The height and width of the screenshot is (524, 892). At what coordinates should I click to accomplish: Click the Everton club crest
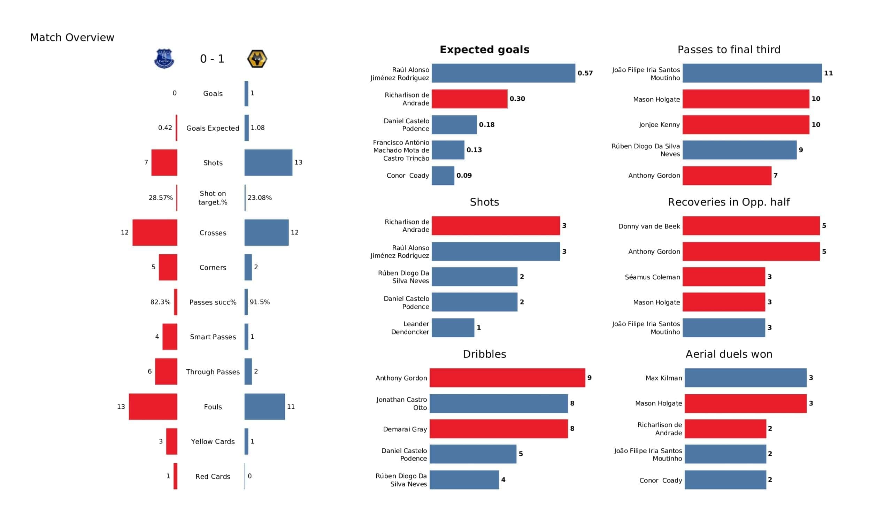click(164, 59)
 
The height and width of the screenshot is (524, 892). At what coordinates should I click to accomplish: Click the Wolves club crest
click(257, 59)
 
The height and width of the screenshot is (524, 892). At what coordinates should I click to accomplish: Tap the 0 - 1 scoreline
click(212, 59)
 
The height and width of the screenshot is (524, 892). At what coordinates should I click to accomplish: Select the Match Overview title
click(72, 38)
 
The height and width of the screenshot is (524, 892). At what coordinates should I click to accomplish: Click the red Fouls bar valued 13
click(153, 407)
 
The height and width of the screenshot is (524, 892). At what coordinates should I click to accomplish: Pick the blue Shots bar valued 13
click(268, 162)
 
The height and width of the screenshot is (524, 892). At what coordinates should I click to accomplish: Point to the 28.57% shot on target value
click(161, 198)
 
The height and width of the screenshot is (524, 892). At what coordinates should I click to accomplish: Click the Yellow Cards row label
click(213, 441)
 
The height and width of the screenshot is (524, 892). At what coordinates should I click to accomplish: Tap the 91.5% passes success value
click(260, 302)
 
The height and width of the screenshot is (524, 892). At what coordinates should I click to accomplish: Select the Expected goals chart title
click(484, 49)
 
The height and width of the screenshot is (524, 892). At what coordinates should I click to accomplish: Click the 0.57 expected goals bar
click(503, 73)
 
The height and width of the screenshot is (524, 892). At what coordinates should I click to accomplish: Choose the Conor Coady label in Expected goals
click(408, 176)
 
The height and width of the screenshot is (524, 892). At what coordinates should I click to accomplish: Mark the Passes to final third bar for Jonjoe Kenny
click(745, 125)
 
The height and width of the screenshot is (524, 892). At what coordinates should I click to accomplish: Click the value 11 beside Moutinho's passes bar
click(828, 73)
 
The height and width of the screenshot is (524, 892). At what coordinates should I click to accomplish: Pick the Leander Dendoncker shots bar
click(453, 327)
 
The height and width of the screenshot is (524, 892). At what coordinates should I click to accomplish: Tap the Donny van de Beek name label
click(649, 226)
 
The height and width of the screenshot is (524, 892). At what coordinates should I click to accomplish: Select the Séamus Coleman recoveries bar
click(723, 277)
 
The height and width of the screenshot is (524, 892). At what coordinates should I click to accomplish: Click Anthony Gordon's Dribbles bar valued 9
click(507, 378)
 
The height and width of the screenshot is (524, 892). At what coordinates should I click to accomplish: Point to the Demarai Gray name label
click(405, 429)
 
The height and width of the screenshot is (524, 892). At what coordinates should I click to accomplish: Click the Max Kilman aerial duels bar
click(745, 378)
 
